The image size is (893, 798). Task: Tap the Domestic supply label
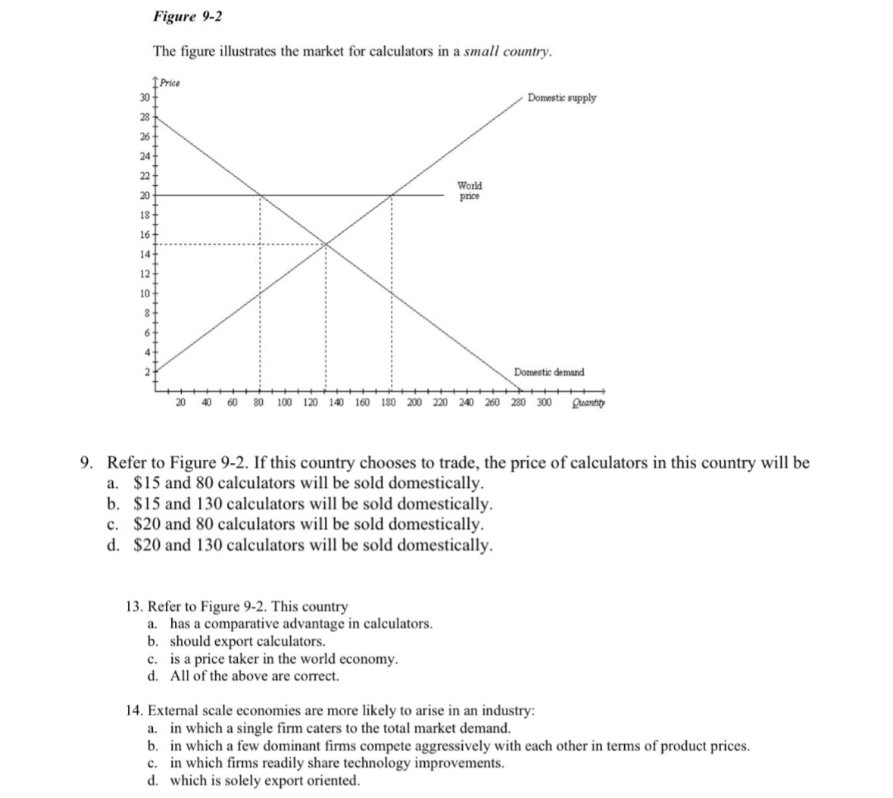[x=561, y=98]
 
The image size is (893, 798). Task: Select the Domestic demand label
[x=549, y=372]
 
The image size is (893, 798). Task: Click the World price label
[x=469, y=190]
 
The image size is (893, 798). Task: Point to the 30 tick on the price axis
[x=144, y=98]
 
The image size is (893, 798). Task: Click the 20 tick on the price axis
[x=144, y=195]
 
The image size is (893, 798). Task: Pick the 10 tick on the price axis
[x=144, y=293]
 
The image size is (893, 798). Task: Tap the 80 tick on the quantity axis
[x=258, y=402]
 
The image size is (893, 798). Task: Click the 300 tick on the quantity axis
[x=544, y=402]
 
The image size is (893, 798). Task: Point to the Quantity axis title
[x=588, y=402]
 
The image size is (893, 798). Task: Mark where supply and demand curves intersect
[x=326, y=244]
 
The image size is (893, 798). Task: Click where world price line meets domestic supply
[x=392, y=195]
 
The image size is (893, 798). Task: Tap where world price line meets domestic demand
[x=260, y=195]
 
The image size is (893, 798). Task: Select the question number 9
[x=87, y=463]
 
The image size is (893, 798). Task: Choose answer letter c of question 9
[x=112, y=524]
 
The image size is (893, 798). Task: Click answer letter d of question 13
[x=152, y=675]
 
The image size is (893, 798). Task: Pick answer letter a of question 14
[x=152, y=728]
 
